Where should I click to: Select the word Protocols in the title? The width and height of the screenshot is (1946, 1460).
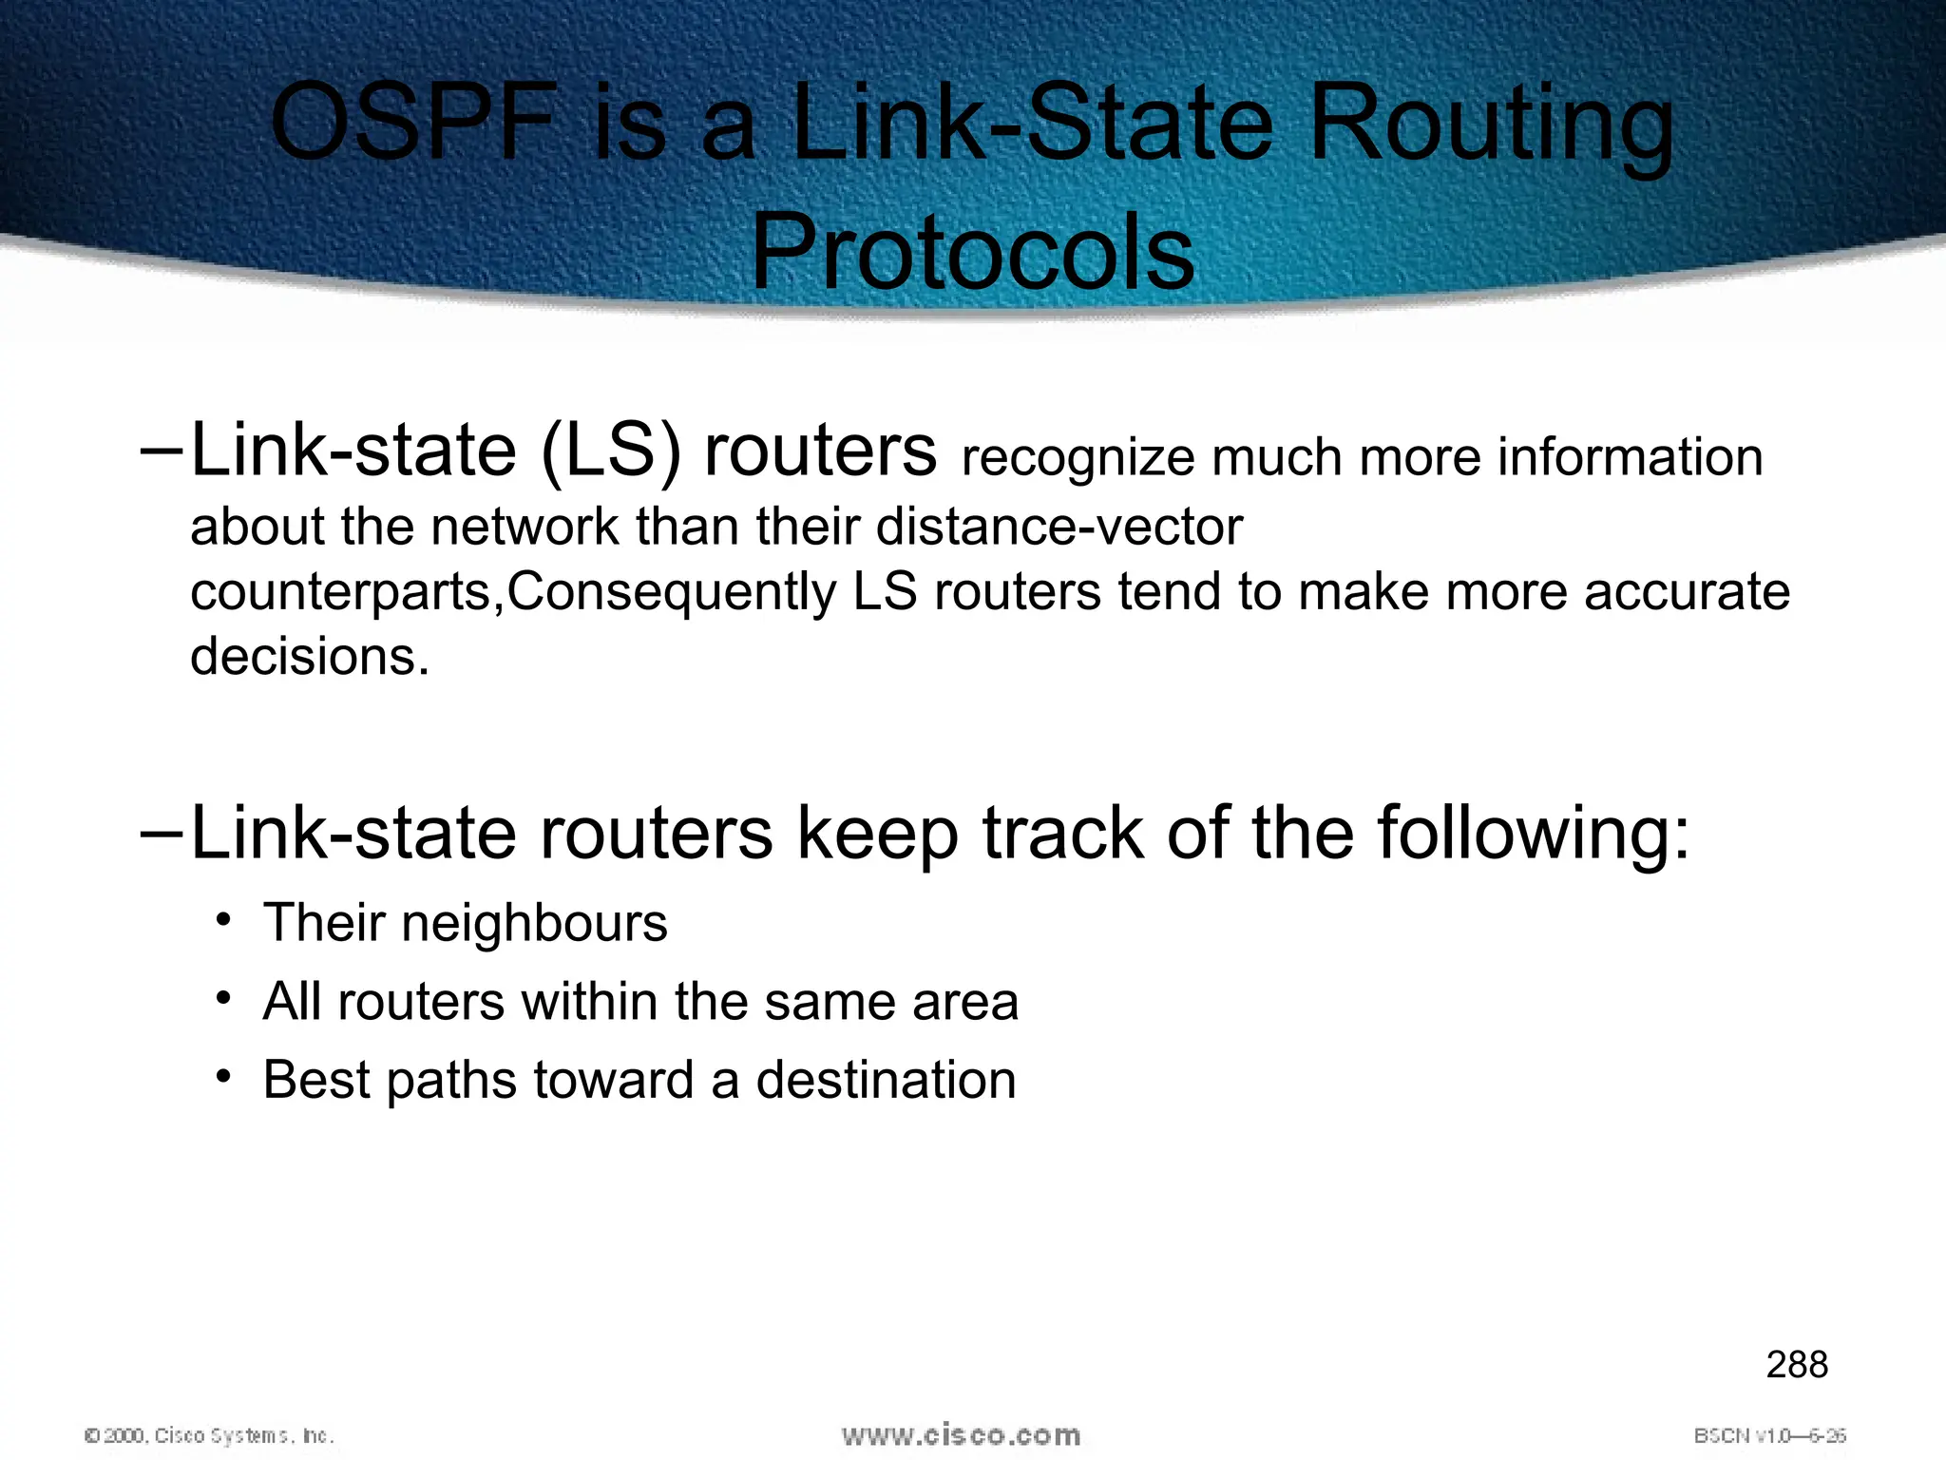click(x=972, y=253)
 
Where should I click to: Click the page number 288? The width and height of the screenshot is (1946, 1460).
click(x=1797, y=1365)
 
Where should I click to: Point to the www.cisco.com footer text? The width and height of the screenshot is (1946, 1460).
click(x=961, y=1435)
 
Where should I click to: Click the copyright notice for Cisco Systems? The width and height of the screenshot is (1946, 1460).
click(x=209, y=1435)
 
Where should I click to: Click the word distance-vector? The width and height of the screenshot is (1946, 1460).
click(x=1059, y=527)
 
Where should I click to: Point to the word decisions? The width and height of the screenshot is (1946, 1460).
click(x=310, y=656)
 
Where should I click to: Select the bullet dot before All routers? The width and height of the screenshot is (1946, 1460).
click(x=223, y=999)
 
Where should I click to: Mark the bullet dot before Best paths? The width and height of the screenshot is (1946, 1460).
click(x=223, y=1077)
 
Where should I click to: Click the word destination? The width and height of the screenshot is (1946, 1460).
click(x=886, y=1080)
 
